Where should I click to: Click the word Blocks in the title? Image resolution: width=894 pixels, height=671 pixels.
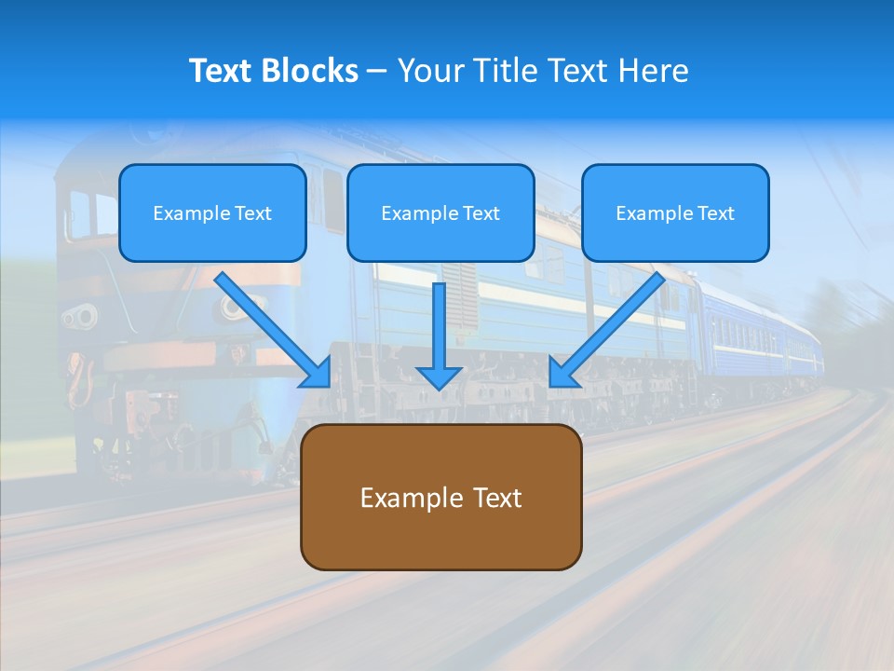311,71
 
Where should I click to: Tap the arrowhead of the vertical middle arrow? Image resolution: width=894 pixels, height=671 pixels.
439,377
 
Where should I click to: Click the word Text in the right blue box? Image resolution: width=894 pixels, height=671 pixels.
715,213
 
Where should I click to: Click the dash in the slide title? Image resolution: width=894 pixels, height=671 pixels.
377,72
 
